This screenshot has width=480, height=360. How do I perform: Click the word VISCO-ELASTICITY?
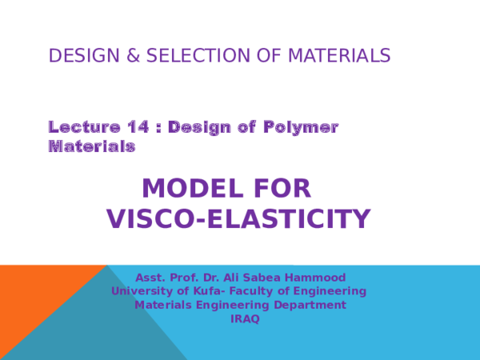pyautogui.click(x=238, y=219)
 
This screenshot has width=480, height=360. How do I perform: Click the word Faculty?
pyautogui.click(x=253, y=291)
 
